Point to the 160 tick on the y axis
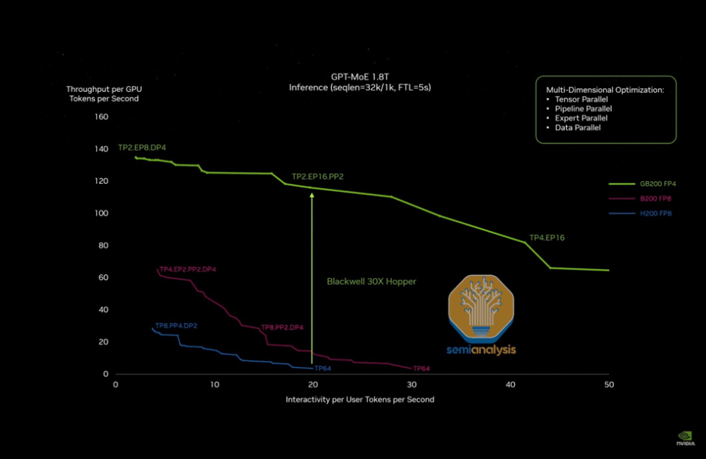(x=101, y=116)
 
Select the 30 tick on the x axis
(x=411, y=385)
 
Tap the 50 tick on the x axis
(x=609, y=385)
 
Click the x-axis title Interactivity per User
(x=360, y=399)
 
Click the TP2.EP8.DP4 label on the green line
(x=142, y=148)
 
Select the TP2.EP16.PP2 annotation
(x=318, y=177)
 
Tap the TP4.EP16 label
(x=547, y=238)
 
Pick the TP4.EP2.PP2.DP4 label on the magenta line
(x=188, y=269)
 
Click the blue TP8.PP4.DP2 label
(x=176, y=324)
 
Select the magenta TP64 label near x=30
(x=421, y=369)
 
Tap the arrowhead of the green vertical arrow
(x=312, y=195)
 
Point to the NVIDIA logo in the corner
(x=686, y=439)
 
